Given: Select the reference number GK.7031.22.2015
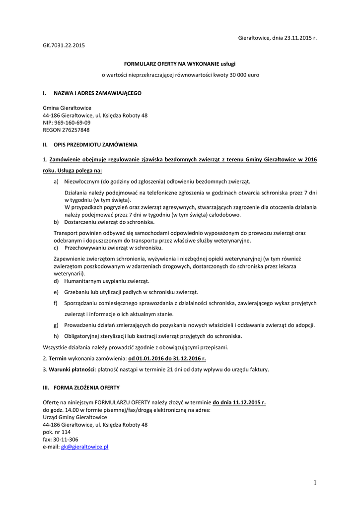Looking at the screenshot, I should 64,46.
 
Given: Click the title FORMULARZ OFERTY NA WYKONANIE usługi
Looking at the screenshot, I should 180,64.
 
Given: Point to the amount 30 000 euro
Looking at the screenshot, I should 243,75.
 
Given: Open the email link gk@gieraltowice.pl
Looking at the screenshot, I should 84,447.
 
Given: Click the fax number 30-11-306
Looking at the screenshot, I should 66,440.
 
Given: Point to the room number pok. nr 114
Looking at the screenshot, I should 56,432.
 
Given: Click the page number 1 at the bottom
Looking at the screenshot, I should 315,483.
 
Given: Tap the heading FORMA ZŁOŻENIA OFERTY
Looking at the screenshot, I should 86,387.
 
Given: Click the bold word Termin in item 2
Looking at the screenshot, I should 57,358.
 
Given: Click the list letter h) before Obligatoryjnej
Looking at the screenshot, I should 57,336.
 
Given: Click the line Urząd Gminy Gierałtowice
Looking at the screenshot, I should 75,417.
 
